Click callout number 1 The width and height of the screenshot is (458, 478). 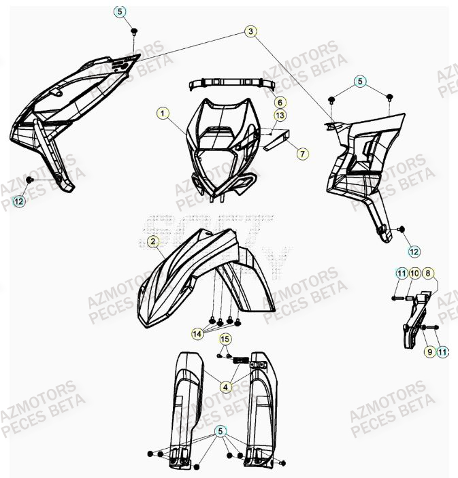coord(163,112)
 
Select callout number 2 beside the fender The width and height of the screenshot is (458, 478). coord(154,241)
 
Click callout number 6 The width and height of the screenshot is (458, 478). coord(279,102)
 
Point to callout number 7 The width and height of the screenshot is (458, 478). coord(301,154)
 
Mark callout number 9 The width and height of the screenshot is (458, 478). coord(429,352)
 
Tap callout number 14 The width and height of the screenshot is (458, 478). coord(197,334)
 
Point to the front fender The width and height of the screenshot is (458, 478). coord(197,272)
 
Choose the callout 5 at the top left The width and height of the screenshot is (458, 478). coord(120,12)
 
